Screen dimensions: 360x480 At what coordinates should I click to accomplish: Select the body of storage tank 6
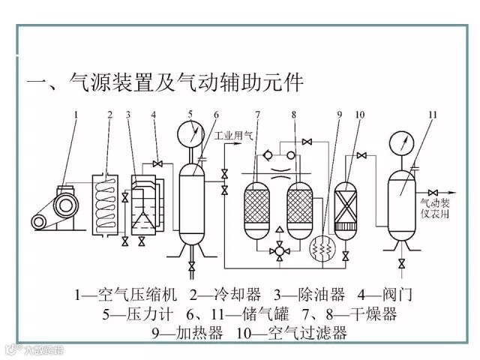pyautogui.click(x=192, y=199)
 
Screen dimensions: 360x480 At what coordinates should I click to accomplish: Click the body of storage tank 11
pyautogui.click(x=402, y=199)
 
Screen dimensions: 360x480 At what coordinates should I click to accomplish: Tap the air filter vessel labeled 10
pyautogui.click(x=345, y=202)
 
